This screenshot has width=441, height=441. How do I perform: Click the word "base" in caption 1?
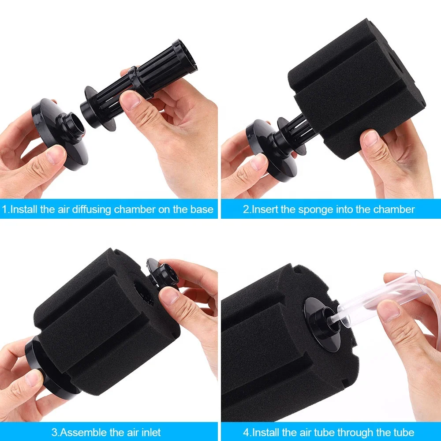click(202, 209)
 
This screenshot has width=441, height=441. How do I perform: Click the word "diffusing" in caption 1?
click(90, 209)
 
